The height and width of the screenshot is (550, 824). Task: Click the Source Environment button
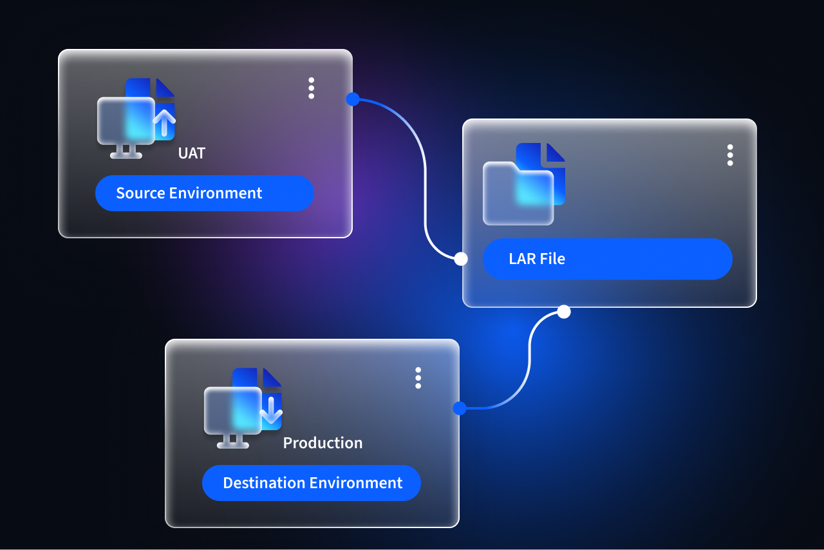pos(205,193)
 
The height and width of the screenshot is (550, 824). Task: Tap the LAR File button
pos(607,259)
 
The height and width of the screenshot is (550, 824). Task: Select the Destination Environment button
pos(311,483)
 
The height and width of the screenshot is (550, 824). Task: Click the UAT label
pos(192,153)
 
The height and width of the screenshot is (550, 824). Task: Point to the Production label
pos(323,443)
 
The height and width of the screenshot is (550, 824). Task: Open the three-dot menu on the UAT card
pos(311,88)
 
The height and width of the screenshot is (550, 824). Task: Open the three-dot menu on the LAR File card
pos(730,155)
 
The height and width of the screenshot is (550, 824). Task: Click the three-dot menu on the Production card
pos(418,377)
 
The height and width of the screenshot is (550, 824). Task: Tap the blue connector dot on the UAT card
pos(353,99)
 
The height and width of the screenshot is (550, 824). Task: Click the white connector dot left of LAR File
pos(461,259)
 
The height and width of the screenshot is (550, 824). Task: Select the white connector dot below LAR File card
pos(564,312)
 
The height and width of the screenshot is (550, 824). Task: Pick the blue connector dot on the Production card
pos(460,408)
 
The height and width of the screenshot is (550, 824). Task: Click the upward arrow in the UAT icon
pos(164,122)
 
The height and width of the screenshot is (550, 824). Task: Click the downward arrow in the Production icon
pos(271,410)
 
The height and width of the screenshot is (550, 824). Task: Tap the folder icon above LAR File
pos(518,194)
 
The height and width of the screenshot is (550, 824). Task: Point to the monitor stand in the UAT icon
pos(126,152)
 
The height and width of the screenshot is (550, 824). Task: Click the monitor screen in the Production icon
pos(233,410)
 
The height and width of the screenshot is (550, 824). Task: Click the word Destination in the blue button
pos(264,483)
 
